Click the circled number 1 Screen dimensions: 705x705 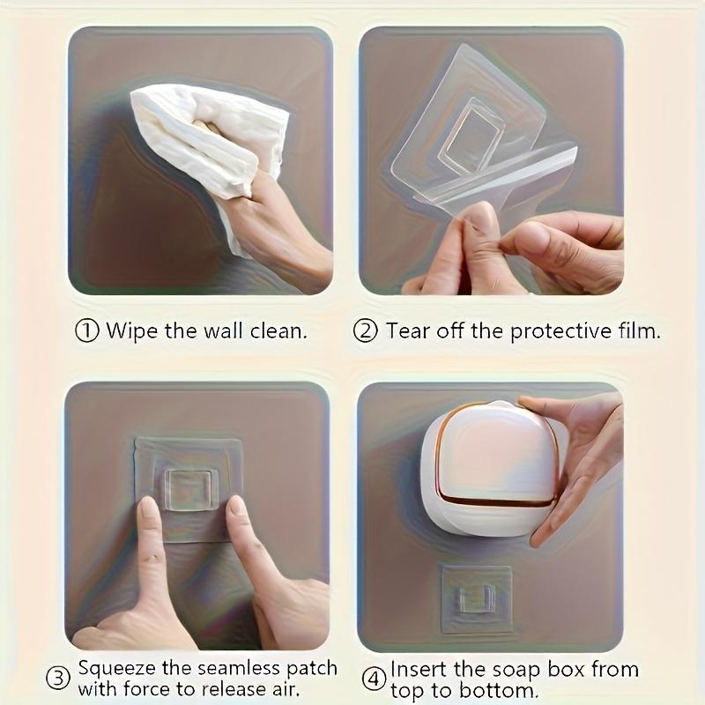(86, 331)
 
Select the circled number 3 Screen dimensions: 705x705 (58, 679)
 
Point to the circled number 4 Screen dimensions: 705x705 (375, 679)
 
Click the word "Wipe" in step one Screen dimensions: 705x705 (128, 331)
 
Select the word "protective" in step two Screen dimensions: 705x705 (547, 331)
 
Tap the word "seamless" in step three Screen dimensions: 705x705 (246, 668)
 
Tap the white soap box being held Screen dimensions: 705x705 (489, 467)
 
